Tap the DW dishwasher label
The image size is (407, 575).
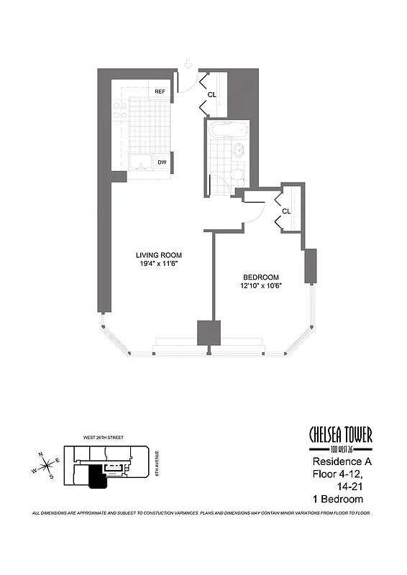coord(163,162)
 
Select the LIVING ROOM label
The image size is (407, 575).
coord(159,255)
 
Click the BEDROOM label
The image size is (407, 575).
coord(261,277)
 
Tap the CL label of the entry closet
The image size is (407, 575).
coord(212,94)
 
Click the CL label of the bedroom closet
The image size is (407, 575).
coord(286,211)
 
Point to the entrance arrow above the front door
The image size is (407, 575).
coord(187,64)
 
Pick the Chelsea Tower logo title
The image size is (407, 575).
coord(340,435)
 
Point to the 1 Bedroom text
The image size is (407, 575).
coord(337,499)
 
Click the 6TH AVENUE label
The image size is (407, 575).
coord(158,464)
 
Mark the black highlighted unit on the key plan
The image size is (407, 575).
coord(96,477)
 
